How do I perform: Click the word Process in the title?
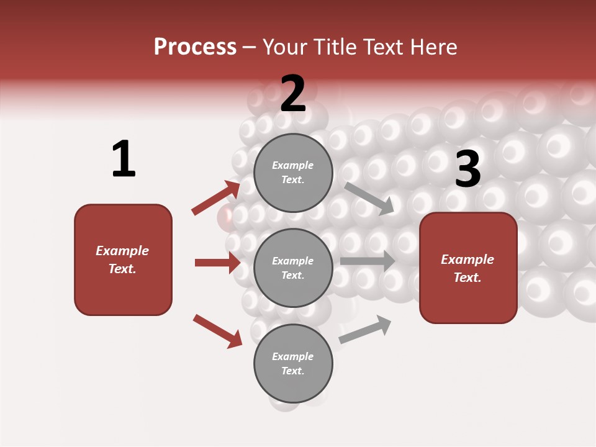tap(195, 47)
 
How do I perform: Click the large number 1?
tap(124, 160)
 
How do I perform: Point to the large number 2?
tap(293, 94)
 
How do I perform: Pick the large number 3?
tap(467, 169)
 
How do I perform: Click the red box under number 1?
tap(123, 260)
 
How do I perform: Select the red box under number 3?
tap(468, 268)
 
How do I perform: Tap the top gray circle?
tap(293, 173)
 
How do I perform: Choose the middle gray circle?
tap(293, 268)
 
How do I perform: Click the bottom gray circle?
tap(293, 364)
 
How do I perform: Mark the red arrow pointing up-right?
tap(216, 197)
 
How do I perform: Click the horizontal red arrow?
tap(217, 263)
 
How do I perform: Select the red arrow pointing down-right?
tap(217, 331)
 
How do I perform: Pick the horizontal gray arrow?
tap(368, 261)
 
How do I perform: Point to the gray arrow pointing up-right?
tap(365, 329)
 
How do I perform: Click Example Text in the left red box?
tap(122, 260)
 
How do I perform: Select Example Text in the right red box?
tap(467, 268)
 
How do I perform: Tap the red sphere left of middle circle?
tap(226, 217)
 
